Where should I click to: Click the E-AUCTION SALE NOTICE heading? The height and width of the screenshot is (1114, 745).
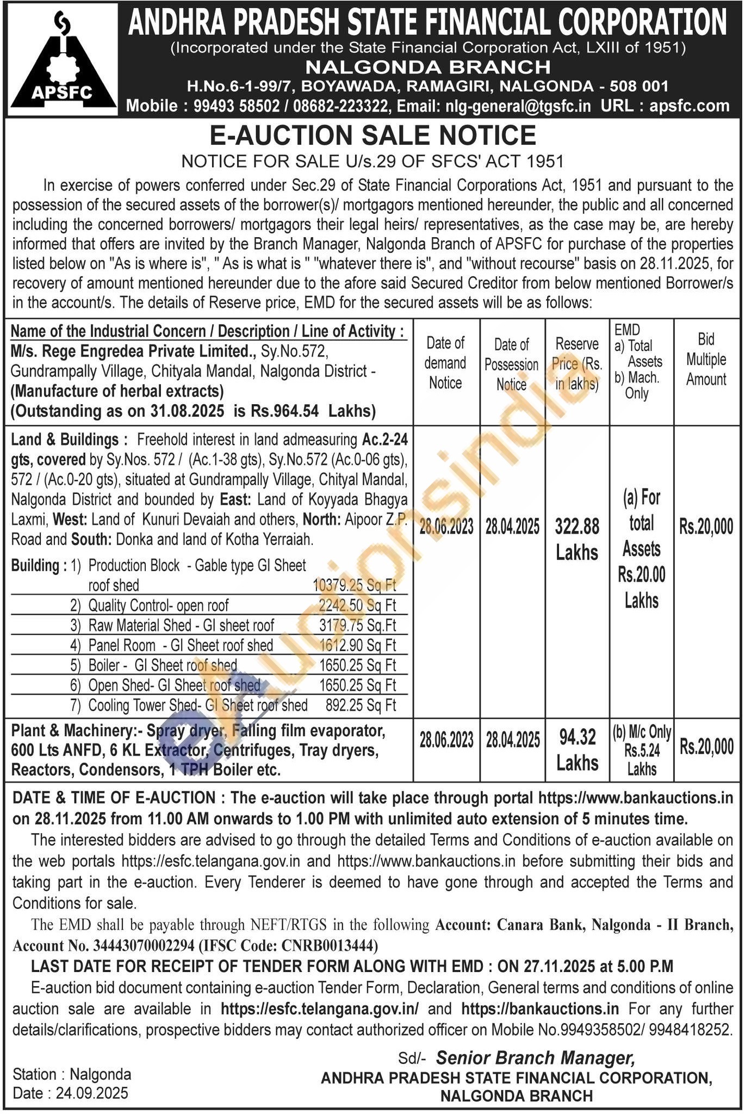coord(372,135)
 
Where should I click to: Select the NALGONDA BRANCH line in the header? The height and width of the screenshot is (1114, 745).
coord(427,67)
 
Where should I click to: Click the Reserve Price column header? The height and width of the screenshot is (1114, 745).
coord(577,364)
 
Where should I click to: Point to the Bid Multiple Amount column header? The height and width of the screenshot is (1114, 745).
coord(706,360)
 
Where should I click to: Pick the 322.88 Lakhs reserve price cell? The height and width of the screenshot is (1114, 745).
coord(577,539)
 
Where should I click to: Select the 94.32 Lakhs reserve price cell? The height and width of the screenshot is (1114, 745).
coord(577,751)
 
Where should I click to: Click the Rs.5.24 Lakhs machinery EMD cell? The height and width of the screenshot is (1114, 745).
coord(642,751)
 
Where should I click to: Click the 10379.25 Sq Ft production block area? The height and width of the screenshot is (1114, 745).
coord(354,585)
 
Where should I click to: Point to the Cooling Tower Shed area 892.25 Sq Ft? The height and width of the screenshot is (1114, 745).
coord(361,705)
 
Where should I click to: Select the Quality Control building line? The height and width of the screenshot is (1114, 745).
coord(158,605)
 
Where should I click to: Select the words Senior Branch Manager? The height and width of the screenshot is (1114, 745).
coord(535,1057)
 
